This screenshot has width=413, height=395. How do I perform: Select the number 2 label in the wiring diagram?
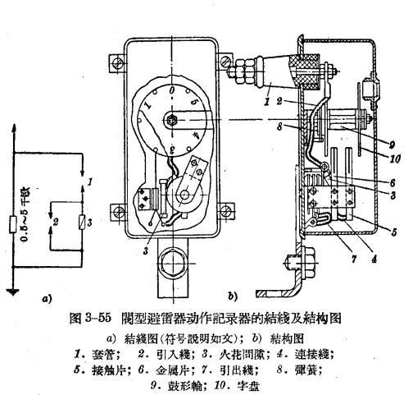tap(56, 222)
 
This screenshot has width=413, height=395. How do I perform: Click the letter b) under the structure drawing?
tap(233, 294)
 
